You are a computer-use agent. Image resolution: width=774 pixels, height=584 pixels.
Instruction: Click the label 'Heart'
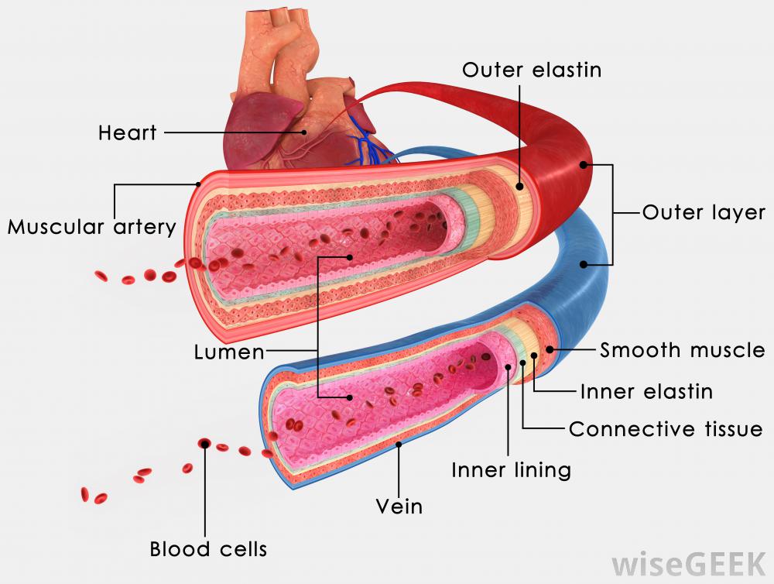(x=127, y=132)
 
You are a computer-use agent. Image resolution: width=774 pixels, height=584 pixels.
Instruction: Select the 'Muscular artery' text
(x=91, y=228)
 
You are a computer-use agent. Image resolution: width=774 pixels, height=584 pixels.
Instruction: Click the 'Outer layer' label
(x=704, y=212)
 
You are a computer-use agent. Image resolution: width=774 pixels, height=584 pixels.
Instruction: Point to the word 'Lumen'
(x=228, y=353)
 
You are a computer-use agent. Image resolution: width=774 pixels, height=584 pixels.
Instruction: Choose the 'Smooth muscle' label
(x=682, y=350)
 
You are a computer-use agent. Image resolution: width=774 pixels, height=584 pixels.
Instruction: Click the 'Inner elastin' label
(x=646, y=391)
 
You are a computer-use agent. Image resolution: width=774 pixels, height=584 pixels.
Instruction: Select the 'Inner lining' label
(x=511, y=469)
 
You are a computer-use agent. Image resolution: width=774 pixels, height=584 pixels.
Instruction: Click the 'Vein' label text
(x=399, y=507)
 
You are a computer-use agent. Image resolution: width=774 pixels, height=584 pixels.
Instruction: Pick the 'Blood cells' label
(x=208, y=549)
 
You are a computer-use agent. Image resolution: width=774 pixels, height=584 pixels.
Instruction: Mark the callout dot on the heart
(x=305, y=132)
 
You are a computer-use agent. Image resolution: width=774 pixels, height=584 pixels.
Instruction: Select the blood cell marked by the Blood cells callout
(x=204, y=443)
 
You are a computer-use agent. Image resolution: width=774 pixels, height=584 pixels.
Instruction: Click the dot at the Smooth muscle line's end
(x=550, y=349)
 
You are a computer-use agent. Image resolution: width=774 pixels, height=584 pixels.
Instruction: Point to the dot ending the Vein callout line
(x=399, y=445)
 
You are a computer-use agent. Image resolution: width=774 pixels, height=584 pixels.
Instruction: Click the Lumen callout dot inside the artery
(x=350, y=257)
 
